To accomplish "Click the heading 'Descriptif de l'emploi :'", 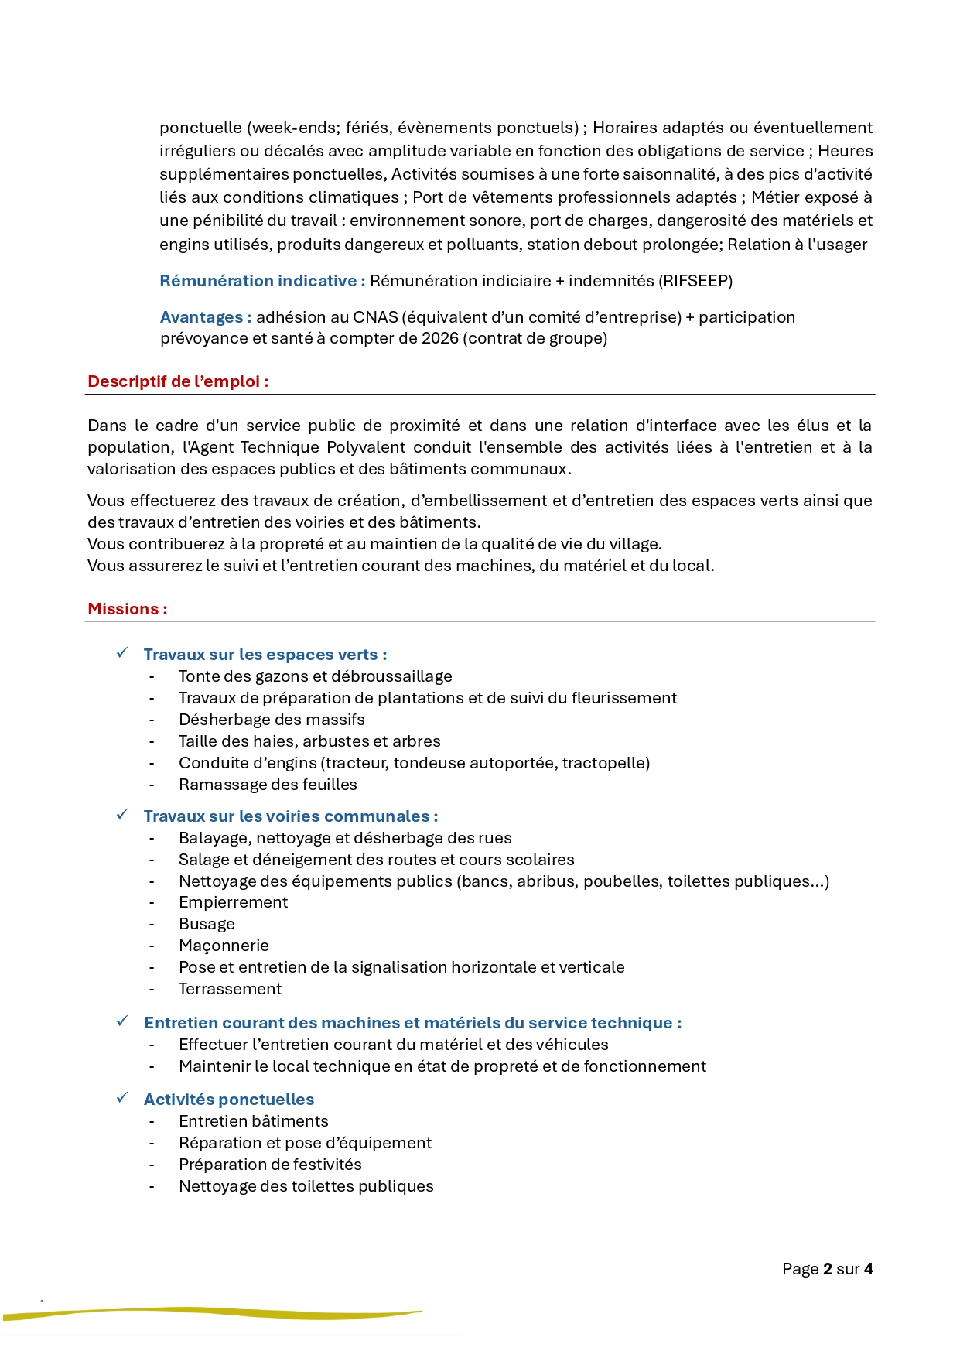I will pyautogui.click(x=178, y=381).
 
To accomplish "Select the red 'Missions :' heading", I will pyautogui.click(x=127, y=609).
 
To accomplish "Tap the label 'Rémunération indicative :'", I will pyautogui.click(x=262, y=281).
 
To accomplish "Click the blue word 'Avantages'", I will pyautogui.click(x=201, y=317).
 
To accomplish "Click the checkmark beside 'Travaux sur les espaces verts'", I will pyautogui.click(x=122, y=653).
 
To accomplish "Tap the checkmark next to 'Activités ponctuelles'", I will pyautogui.click(x=122, y=1098).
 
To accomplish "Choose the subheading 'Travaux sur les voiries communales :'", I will pyautogui.click(x=291, y=816).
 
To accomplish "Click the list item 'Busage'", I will pyautogui.click(x=207, y=924).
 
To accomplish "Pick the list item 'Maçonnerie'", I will pyautogui.click(x=224, y=946).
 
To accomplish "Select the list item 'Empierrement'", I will pyautogui.click(x=233, y=902).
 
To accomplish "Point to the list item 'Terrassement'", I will pyautogui.click(x=230, y=989).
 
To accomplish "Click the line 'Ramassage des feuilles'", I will pyautogui.click(x=268, y=785).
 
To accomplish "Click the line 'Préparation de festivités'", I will pyautogui.click(x=270, y=1165).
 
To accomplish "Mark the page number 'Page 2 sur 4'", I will pyautogui.click(x=827, y=1269).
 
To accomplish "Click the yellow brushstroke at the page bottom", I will pyautogui.click(x=213, y=1312).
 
